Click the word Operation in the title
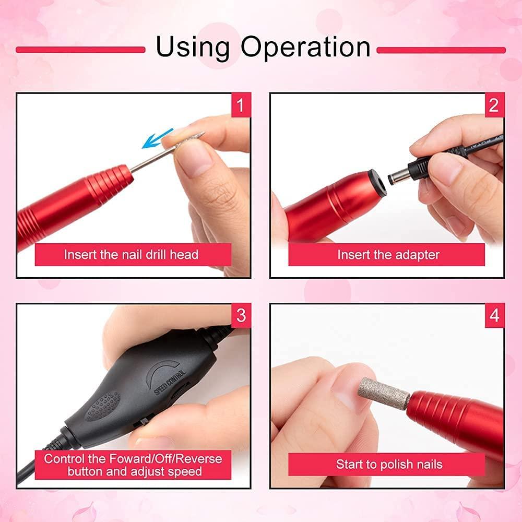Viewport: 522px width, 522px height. [305, 48]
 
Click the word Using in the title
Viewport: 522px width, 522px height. [193, 48]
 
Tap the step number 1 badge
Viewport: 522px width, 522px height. [240, 105]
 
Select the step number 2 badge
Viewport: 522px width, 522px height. [493, 105]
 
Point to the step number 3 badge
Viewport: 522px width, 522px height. [240, 315]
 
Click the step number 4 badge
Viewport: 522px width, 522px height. [493, 315]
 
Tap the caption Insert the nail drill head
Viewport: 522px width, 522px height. [131, 255]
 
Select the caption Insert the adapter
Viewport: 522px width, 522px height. [388, 255]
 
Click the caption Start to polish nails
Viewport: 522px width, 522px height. [389, 464]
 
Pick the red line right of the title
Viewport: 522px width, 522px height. [441, 50]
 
